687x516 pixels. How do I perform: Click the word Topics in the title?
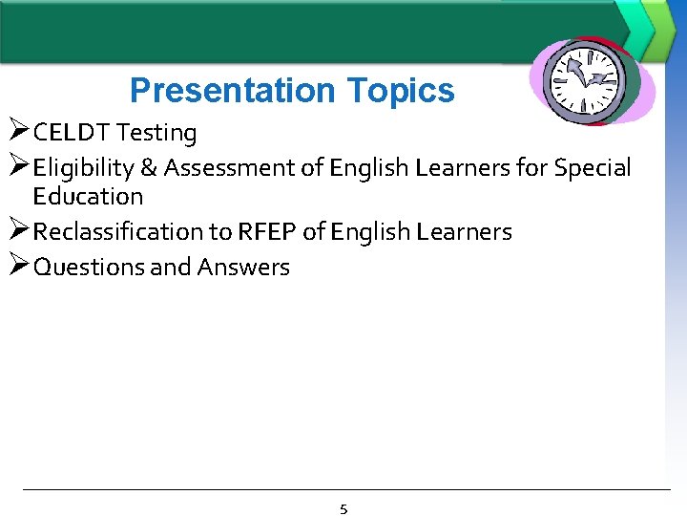[401, 92]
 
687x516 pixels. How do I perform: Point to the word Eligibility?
[83, 168]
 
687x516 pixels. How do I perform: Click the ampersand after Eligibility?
[148, 168]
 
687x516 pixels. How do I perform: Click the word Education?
[88, 197]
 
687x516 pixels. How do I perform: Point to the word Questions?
[89, 268]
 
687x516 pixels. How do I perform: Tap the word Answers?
[243, 268]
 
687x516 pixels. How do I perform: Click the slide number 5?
[343, 509]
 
